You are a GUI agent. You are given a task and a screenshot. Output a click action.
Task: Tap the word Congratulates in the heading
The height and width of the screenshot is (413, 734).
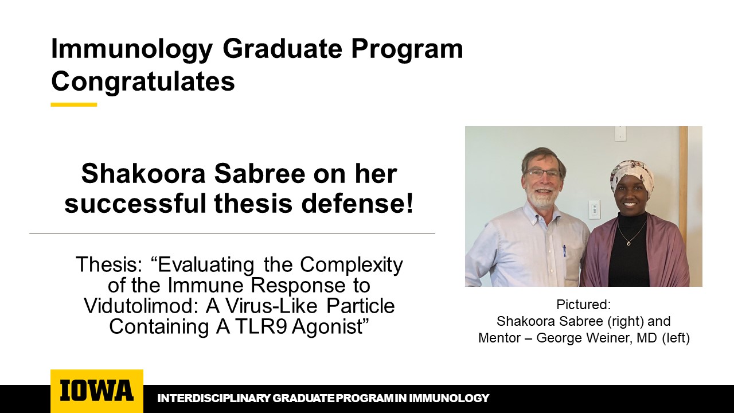click(x=143, y=81)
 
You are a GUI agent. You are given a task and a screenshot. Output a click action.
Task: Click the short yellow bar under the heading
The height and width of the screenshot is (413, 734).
click(x=74, y=104)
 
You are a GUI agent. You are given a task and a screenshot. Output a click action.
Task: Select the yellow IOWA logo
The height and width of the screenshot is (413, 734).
click(x=97, y=391)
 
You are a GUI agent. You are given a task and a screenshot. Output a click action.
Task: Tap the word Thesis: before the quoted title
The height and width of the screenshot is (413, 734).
click(x=109, y=265)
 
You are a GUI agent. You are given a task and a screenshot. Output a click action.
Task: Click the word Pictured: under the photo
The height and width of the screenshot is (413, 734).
click(x=584, y=305)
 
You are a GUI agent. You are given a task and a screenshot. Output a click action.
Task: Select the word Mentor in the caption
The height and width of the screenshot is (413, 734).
click(x=499, y=338)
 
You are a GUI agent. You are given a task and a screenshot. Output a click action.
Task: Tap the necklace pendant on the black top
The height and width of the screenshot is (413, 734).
click(x=628, y=243)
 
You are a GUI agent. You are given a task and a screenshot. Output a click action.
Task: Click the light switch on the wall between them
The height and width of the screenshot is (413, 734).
click(x=595, y=209)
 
